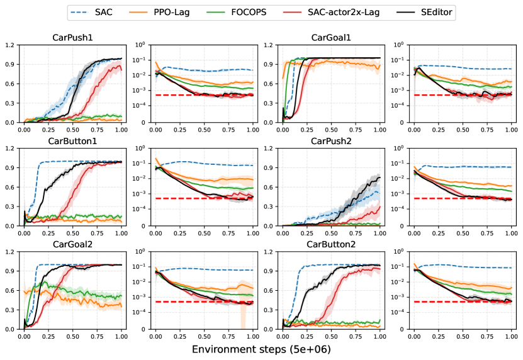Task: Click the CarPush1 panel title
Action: pos(72,38)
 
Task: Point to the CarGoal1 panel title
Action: pos(331,38)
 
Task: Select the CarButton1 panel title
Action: pos(72,141)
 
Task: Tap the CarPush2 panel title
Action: pos(331,141)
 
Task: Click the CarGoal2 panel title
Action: pos(72,244)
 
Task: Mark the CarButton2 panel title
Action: pos(331,244)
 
